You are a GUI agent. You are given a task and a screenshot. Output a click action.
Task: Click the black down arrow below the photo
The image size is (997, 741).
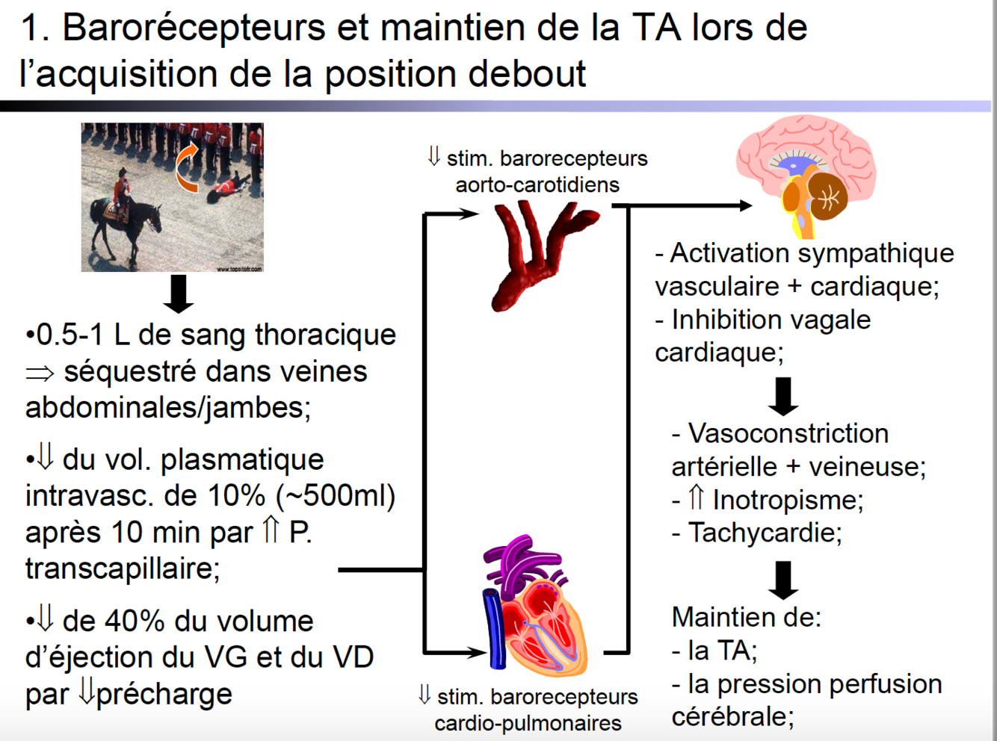pos(178,293)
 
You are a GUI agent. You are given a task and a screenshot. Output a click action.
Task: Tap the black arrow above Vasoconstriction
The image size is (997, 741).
pos(783,396)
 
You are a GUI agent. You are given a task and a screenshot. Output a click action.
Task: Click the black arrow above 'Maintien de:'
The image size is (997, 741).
pos(783,580)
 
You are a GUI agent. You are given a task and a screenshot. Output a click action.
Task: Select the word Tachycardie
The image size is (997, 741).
pos(764,533)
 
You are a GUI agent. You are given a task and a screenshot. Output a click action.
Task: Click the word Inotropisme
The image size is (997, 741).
pos(787,500)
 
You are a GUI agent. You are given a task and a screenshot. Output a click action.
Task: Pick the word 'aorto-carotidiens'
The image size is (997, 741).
pos(537,185)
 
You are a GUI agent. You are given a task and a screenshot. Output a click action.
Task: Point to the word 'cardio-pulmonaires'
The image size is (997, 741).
pos(528,723)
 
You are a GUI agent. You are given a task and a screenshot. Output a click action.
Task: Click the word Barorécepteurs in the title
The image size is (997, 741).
pos(194,28)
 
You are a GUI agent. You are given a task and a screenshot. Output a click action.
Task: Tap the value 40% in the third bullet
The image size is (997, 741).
pos(135,621)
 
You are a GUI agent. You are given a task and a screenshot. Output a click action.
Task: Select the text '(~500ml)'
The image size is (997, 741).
pos(335,495)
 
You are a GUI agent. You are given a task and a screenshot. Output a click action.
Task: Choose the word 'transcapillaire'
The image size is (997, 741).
pos(122,568)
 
